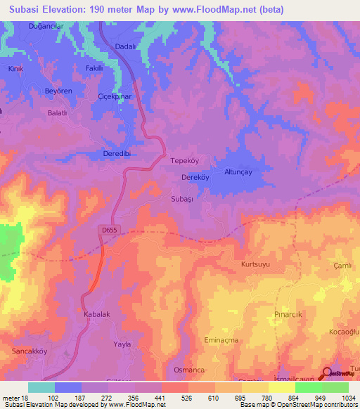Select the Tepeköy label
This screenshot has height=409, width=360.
186,160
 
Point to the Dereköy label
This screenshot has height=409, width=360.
193,178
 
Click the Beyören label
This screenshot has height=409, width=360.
39,92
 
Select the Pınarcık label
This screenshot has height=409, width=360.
288,315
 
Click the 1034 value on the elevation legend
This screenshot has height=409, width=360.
347,398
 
